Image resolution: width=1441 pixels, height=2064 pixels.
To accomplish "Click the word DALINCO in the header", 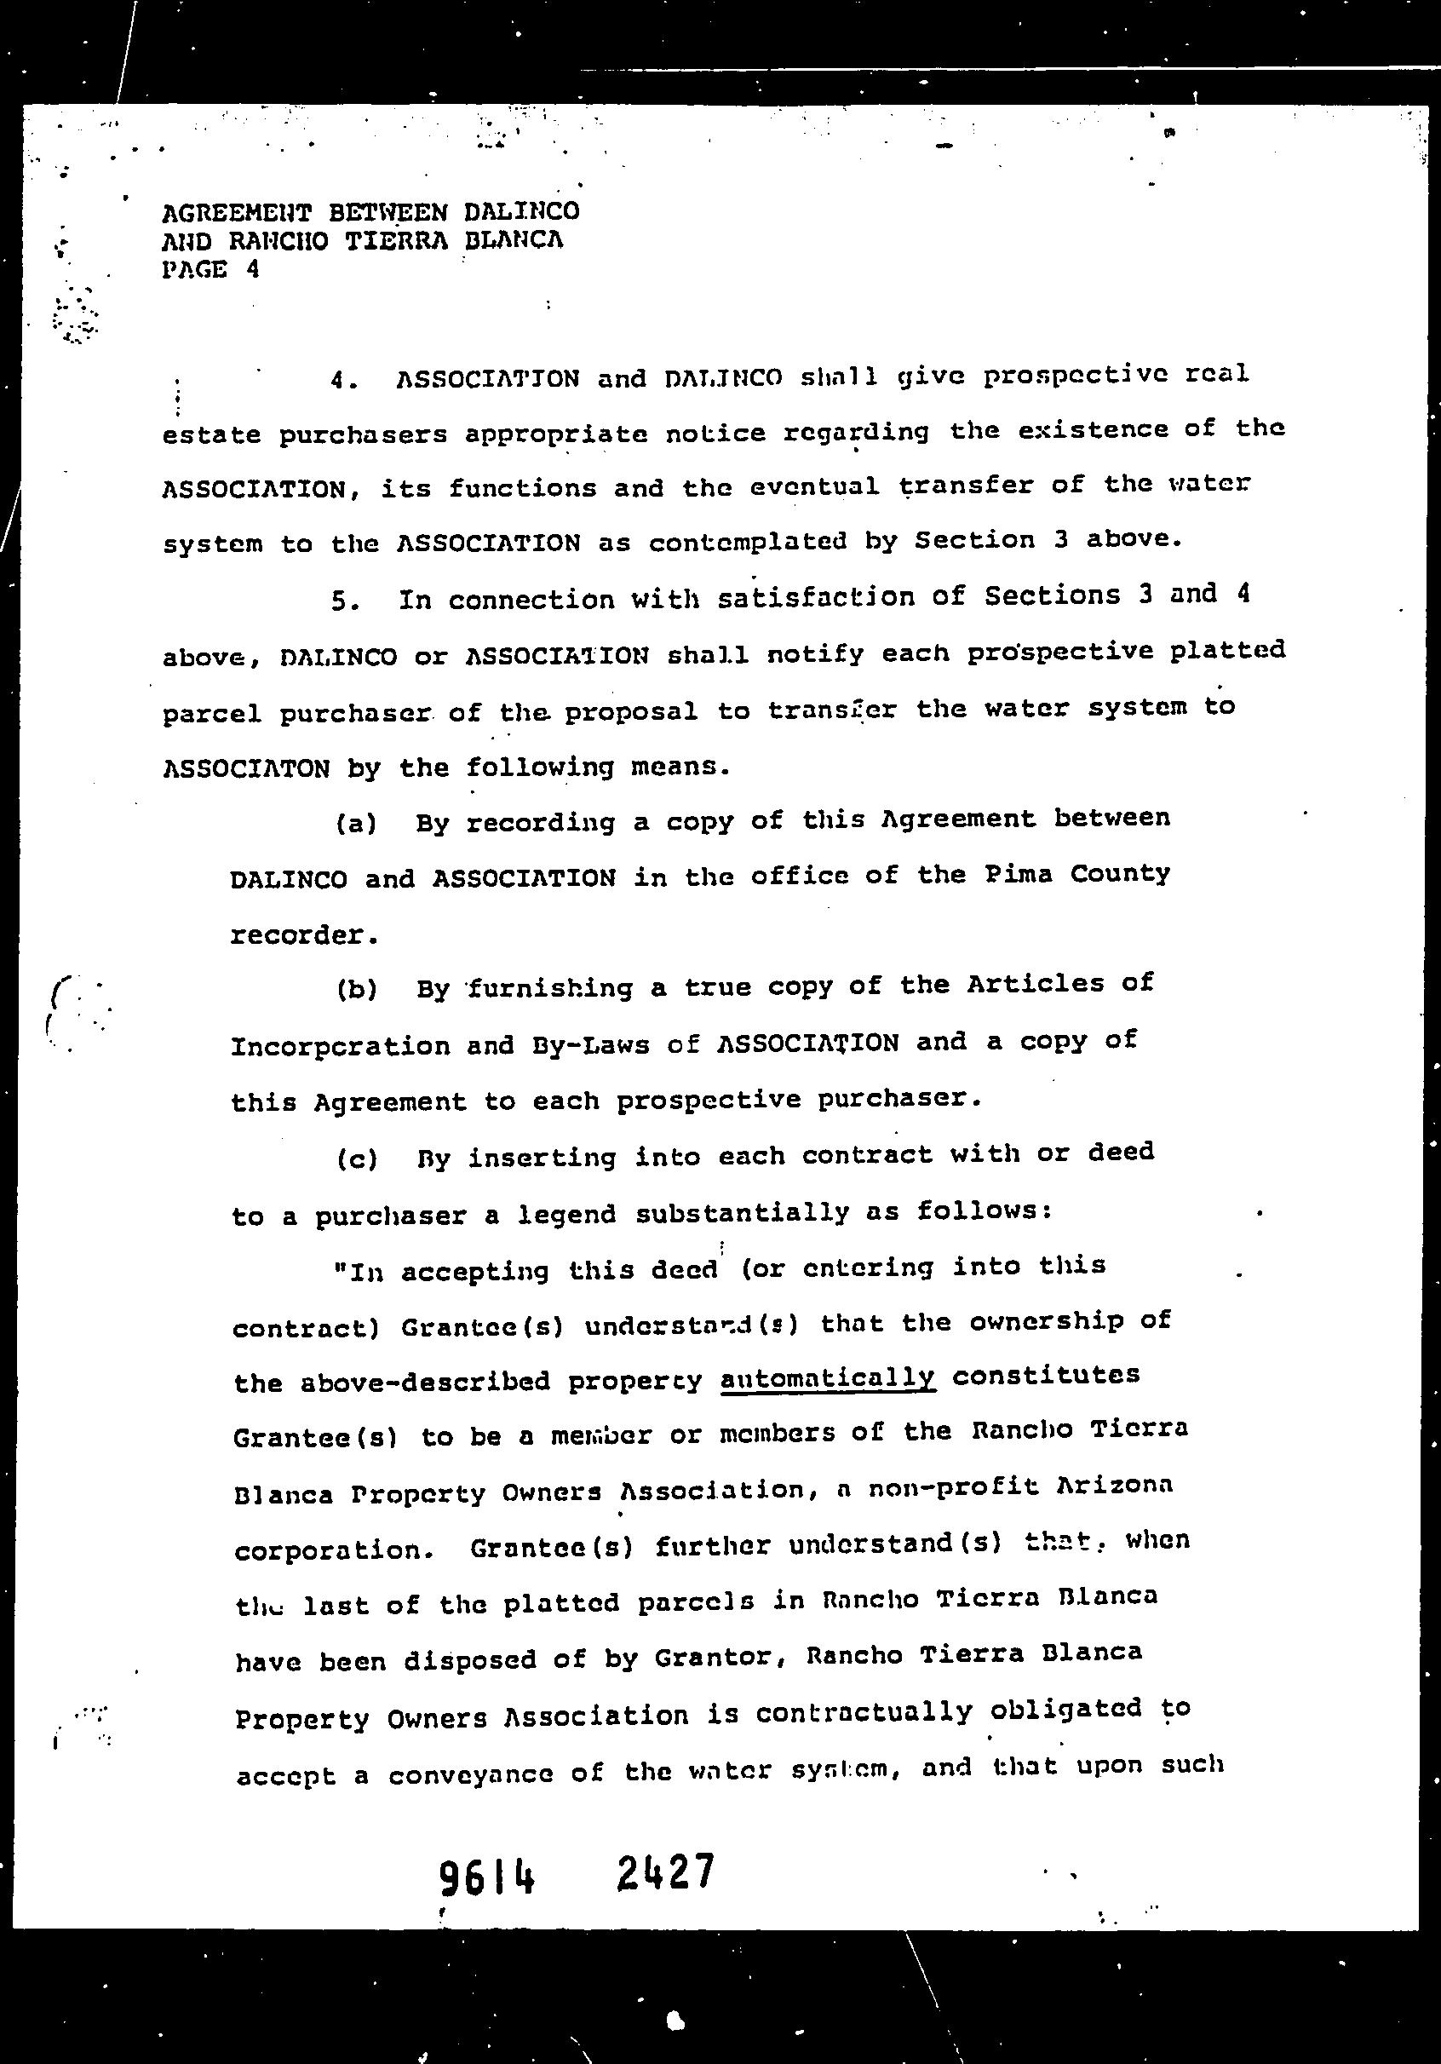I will point(521,212).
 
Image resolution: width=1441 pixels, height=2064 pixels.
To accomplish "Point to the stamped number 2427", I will point(665,1872).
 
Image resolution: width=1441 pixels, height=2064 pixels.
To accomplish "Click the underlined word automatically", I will point(827,1378).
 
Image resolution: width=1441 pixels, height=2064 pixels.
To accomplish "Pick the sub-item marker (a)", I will point(356,824).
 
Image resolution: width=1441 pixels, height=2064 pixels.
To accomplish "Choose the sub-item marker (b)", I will point(357,990).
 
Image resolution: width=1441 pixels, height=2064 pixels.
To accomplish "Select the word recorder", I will point(303,936).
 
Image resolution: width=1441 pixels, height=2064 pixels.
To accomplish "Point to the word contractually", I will point(864,1714).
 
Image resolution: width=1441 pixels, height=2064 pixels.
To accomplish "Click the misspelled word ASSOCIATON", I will point(245,769).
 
